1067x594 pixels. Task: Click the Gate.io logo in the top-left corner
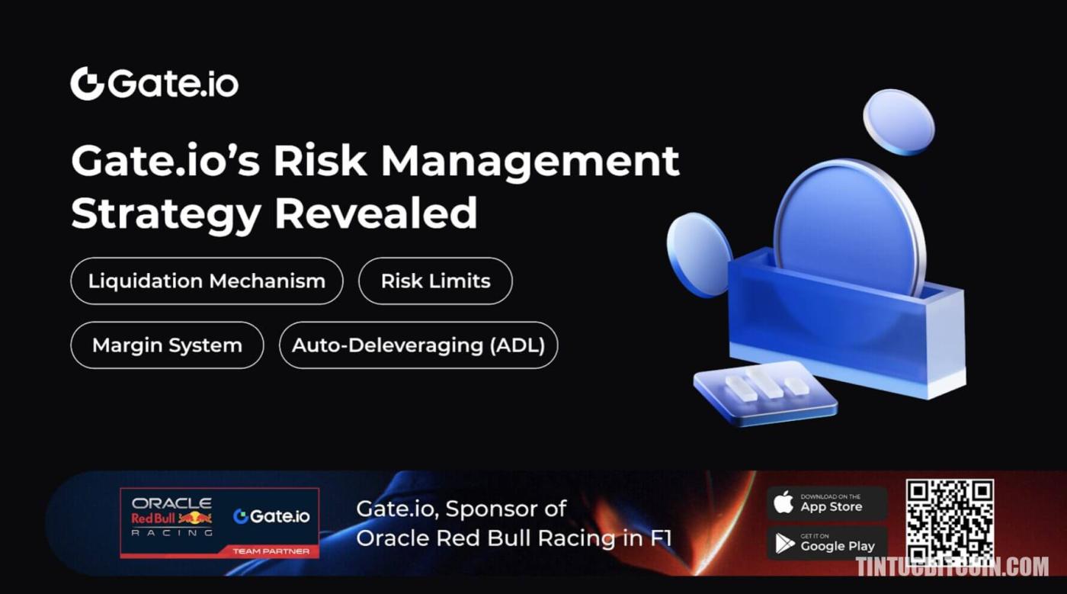point(154,83)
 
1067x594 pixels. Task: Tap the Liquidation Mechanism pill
point(207,281)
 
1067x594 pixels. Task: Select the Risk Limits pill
point(435,281)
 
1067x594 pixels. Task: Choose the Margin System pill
point(167,345)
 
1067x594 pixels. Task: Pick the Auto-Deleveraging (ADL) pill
point(418,345)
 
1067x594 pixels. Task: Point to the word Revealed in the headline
point(376,214)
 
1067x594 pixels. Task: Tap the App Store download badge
point(827,503)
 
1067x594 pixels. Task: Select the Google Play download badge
point(827,543)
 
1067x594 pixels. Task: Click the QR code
point(950,521)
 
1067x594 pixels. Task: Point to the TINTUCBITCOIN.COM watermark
point(952,567)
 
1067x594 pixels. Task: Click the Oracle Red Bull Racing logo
point(172,517)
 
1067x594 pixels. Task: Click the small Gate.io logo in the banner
point(272,516)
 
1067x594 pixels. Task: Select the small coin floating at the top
point(899,122)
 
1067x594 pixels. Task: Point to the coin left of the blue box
point(699,254)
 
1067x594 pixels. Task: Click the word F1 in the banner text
point(662,538)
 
